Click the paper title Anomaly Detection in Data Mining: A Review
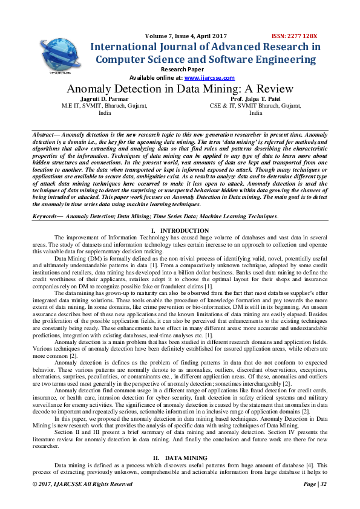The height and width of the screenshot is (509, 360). coord(179,89)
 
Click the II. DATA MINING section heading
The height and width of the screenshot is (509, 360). coord(180,457)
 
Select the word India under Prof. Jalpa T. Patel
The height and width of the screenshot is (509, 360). coord(256,112)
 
